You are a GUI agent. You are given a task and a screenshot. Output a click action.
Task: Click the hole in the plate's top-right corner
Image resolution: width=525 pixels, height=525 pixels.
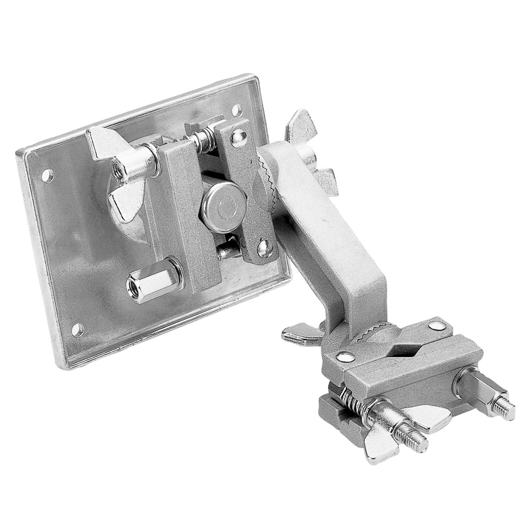237,110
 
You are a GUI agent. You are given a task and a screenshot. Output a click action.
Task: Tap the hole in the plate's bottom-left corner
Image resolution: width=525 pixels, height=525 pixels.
77,330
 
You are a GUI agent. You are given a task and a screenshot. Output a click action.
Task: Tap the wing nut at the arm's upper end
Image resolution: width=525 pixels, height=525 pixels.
310,152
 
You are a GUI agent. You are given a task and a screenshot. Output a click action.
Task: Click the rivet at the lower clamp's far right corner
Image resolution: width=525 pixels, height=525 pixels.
437,326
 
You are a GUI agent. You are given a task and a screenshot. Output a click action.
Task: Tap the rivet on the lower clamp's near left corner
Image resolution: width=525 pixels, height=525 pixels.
344,358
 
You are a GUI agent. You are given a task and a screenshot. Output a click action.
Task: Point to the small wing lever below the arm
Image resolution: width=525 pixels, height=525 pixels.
302,334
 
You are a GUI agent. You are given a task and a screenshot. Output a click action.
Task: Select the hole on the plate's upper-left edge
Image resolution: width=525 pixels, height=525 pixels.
47,175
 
